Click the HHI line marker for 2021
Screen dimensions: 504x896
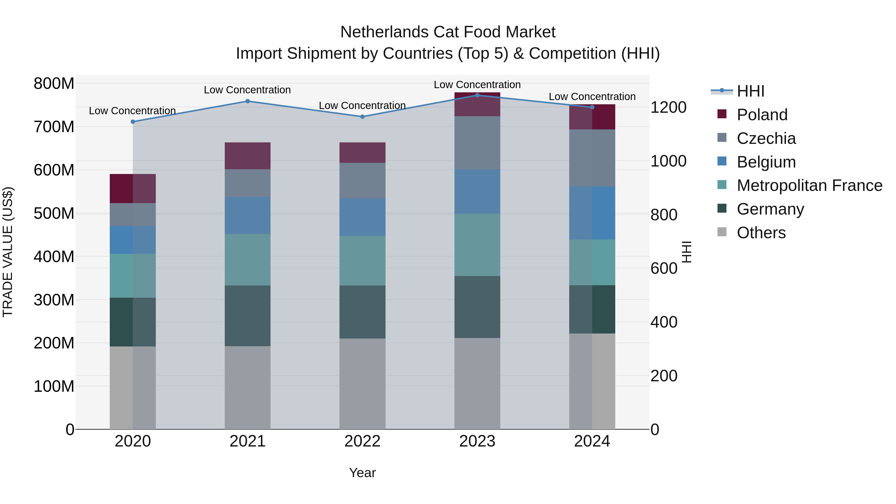[248, 101]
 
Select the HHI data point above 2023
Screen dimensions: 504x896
[477, 95]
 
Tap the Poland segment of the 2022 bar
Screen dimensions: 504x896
[362, 152]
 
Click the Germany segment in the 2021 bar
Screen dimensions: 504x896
[248, 316]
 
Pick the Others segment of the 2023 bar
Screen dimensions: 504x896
[477, 383]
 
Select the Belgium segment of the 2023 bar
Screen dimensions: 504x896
[477, 191]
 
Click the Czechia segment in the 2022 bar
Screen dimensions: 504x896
[362, 180]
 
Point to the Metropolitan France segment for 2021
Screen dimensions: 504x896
[248, 260]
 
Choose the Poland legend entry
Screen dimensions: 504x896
[762, 115]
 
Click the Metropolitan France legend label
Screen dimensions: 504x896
[809, 185]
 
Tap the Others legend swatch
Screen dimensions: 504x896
[722, 232]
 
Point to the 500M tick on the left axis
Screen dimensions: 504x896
[54, 213]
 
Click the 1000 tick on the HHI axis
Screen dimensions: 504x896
[668, 161]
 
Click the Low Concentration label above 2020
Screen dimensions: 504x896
[132, 111]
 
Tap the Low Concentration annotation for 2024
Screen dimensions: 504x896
[592, 97]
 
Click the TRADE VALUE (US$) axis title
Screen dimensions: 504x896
[8, 252]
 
